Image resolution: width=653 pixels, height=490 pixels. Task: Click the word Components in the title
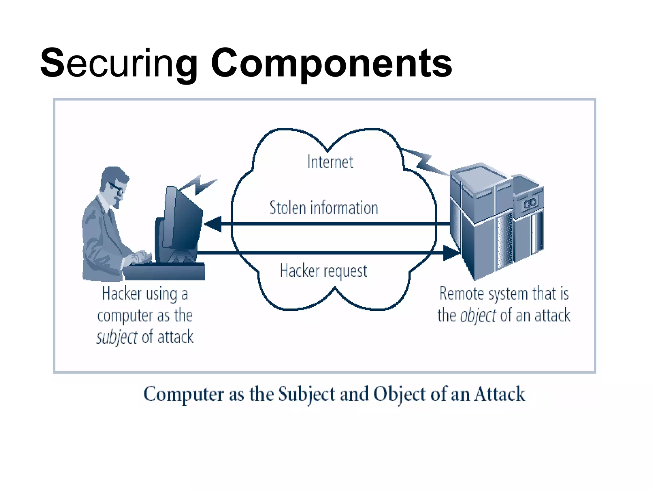pos(331,63)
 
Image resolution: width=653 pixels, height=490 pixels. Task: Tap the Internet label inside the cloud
pos(330,162)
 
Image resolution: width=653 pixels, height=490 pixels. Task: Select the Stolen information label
pos(324,208)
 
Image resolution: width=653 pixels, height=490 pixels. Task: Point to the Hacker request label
pos(323,271)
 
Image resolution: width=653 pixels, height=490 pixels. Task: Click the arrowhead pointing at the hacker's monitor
pos(213,224)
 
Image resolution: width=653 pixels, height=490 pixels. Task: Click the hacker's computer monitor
pos(182,220)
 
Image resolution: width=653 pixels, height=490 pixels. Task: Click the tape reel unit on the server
pos(530,203)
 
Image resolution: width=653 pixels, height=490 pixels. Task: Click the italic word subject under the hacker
pos(117,338)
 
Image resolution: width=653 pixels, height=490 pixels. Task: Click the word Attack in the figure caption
pos(499,394)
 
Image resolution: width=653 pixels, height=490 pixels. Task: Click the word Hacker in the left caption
pos(121,293)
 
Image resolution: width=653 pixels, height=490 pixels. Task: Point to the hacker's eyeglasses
pos(117,188)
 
